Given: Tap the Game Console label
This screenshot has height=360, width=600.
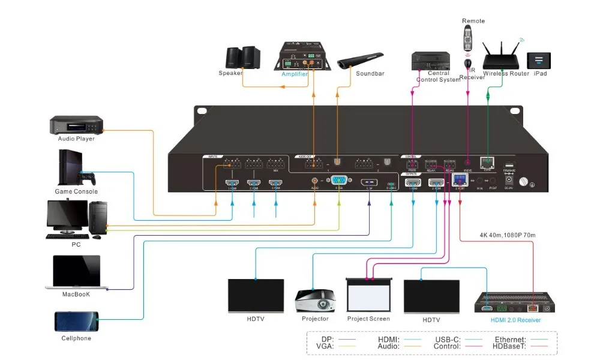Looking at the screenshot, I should (x=77, y=192).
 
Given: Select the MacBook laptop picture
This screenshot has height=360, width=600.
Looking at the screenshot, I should (x=76, y=272).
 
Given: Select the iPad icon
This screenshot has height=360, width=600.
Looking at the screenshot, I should (x=538, y=61).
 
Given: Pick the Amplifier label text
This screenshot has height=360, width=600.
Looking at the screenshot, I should (x=295, y=74).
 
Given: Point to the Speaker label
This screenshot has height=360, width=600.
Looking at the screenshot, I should (x=230, y=74).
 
